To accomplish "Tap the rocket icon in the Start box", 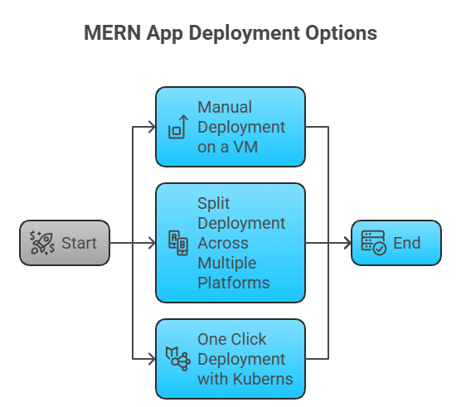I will [x=41, y=243].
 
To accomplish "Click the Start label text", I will [x=78, y=243].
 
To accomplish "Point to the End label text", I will [x=406, y=243].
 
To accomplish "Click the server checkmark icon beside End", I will [x=373, y=243].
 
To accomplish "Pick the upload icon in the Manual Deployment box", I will [x=177, y=128].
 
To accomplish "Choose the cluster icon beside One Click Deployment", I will [x=178, y=359].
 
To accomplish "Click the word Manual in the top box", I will [x=225, y=108].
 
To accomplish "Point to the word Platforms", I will [x=233, y=283].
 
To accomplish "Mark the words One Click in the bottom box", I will [x=232, y=340].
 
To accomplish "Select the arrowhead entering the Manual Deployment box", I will [x=152, y=128].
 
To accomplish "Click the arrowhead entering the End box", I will [x=347, y=243].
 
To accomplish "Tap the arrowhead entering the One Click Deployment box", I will [x=152, y=359].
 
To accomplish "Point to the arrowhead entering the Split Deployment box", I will [x=152, y=243].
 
